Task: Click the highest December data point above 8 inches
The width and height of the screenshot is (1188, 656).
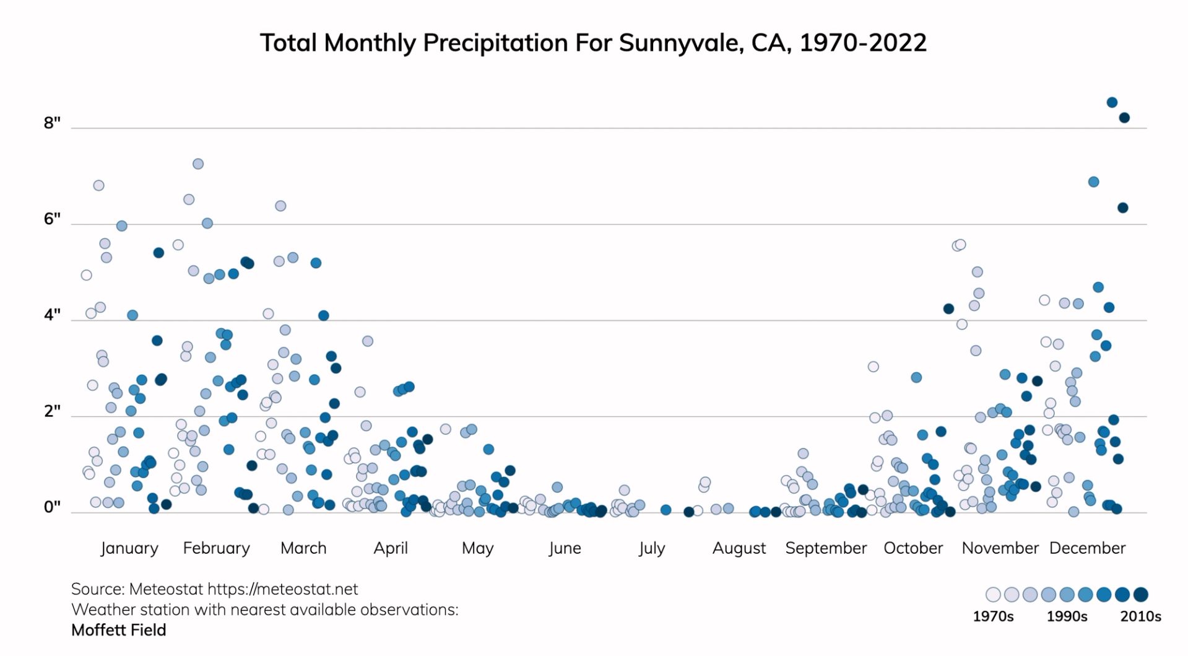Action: click(x=1112, y=102)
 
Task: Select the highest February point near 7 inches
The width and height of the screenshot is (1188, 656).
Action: click(x=198, y=164)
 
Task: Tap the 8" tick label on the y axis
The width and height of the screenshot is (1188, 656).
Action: click(x=52, y=123)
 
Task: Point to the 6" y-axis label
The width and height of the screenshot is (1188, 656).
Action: click(x=52, y=219)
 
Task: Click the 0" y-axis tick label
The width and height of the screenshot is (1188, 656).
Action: click(x=52, y=507)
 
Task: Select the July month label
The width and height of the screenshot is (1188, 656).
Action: click(x=652, y=548)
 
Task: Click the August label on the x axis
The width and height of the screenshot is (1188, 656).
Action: click(x=739, y=548)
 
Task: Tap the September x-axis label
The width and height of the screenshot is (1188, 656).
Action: click(x=826, y=548)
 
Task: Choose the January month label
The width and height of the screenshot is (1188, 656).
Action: click(x=129, y=548)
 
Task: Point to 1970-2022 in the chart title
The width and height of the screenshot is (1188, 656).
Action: click(x=863, y=43)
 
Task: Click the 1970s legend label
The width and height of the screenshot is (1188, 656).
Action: click(x=993, y=616)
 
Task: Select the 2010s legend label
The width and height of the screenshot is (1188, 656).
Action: click(x=1140, y=616)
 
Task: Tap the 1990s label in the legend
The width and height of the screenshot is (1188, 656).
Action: click(x=1067, y=616)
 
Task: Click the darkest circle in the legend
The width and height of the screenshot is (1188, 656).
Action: click(x=1140, y=595)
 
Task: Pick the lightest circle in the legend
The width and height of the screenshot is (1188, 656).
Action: click(x=993, y=595)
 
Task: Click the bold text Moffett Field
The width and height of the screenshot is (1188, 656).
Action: click(x=119, y=630)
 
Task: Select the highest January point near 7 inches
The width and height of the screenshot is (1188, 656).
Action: click(x=98, y=185)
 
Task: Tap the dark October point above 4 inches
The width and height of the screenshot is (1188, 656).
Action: click(x=948, y=308)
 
